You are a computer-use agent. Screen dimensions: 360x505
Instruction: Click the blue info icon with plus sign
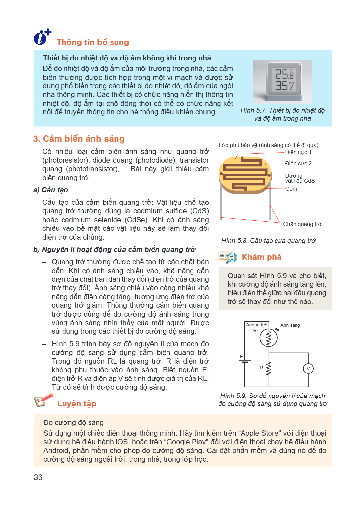click(x=42, y=37)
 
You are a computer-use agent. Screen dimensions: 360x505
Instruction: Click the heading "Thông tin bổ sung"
click(x=93, y=42)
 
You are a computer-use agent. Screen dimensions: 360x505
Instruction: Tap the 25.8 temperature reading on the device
click(x=284, y=74)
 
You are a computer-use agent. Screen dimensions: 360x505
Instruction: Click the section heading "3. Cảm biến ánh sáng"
click(x=79, y=139)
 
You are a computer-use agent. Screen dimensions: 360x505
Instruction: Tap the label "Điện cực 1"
click(x=298, y=152)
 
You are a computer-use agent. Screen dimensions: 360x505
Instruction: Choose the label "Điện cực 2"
click(x=298, y=163)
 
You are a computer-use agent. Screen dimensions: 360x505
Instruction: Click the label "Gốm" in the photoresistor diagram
click(x=291, y=189)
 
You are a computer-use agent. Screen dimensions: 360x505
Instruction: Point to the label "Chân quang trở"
click(x=302, y=224)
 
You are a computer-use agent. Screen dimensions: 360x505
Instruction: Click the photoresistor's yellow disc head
click(x=245, y=175)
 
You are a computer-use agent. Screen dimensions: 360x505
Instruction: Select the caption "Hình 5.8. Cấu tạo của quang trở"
click(x=269, y=241)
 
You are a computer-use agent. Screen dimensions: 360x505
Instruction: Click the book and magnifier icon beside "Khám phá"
click(x=227, y=257)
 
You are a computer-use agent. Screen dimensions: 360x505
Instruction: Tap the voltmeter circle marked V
click(x=308, y=369)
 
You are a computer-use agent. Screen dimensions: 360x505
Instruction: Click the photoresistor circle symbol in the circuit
click(x=269, y=338)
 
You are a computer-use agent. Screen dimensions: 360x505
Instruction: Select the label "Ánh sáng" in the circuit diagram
click(x=290, y=325)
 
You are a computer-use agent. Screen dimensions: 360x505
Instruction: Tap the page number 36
click(x=38, y=477)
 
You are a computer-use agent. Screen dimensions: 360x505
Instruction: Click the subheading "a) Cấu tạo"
click(x=51, y=190)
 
